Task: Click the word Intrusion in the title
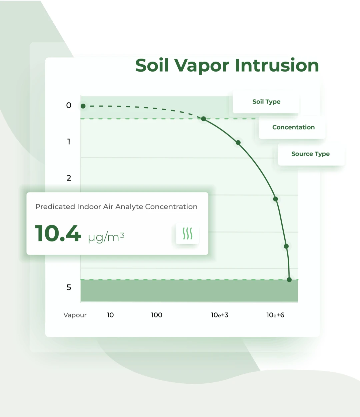(277, 65)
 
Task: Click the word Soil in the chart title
(152, 65)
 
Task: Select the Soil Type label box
(266, 102)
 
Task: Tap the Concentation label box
(292, 127)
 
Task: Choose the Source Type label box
(311, 154)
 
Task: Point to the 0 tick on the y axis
(69, 105)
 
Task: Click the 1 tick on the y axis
(69, 142)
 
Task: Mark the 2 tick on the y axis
(69, 178)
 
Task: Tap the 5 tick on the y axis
(69, 287)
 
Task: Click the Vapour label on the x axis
(75, 315)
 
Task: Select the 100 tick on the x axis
(157, 315)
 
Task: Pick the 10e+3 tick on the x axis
(220, 315)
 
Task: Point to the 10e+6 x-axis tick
(275, 315)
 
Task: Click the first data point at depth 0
(83, 106)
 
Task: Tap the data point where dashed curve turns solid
(204, 119)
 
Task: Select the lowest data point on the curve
(289, 280)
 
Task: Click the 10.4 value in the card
(58, 233)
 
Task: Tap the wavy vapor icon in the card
(188, 233)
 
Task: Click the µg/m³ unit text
(106, 237)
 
